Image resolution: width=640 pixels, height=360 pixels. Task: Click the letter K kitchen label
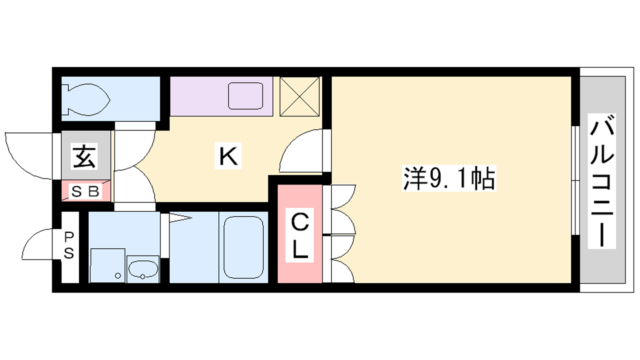(x=228, y=156)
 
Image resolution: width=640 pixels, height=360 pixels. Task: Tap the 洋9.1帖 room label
(x=449, y=178)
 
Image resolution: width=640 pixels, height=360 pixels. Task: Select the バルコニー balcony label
(x=602, y=181)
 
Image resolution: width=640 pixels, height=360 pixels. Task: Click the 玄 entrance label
(x=84, y=156)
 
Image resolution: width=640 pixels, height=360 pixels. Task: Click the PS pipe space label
(x=68, y=246)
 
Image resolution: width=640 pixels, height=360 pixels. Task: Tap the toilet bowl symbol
(x=86, y=100)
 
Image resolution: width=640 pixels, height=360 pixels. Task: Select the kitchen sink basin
(x=246, y=96)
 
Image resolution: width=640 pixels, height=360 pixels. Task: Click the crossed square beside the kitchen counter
(x=300, y=96)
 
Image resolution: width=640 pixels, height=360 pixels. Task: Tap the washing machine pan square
(x=108, y=266)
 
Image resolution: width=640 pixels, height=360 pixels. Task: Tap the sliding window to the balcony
(x=576, y=180)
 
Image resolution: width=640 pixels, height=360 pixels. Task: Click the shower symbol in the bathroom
(x=180, y=218)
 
